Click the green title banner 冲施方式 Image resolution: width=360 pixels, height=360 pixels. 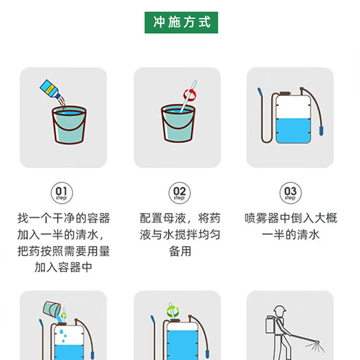(x=181, y=23)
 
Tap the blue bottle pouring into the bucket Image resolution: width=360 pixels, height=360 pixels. (x=50, y=89)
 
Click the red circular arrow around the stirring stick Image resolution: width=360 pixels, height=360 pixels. (x=190, y=95)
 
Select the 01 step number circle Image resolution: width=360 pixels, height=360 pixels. (x=62, y=193)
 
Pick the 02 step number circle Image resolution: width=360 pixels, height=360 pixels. (x=180, y=193)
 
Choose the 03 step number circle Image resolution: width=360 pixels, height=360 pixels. (x=290, y=193)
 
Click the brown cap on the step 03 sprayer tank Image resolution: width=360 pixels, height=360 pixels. (x=285, y=94)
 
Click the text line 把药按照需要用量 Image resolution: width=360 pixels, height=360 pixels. (x=64, y=251)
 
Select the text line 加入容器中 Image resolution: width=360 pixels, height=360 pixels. (x=63, y=267)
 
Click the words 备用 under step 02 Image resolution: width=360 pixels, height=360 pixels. (x=180, y=251)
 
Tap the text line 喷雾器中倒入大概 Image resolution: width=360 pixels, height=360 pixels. (x=291, y=218)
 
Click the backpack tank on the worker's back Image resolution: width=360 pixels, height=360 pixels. (x=270, y=324)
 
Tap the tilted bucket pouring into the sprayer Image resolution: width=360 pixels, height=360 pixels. (x=52, y=309)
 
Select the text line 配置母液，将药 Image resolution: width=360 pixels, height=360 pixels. (x=180, y=218)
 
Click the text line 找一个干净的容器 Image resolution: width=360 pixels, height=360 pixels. (x=64, y=218)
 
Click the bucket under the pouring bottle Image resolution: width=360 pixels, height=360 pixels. (x=69, y=125)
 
